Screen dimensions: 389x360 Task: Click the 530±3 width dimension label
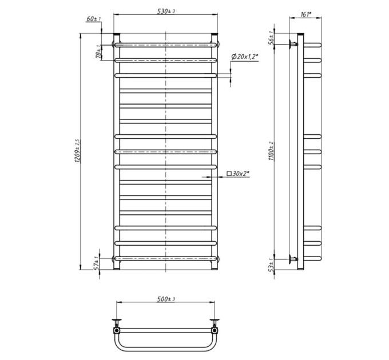(166, 11)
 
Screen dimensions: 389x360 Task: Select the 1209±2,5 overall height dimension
(77, 151)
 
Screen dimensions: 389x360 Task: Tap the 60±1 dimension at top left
(94, 19)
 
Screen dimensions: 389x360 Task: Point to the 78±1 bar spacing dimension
(99, 52)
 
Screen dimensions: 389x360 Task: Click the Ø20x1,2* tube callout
(245, 57)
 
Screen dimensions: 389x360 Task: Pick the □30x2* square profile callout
(238, 174)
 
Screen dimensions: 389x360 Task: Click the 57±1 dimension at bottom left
(97, 263)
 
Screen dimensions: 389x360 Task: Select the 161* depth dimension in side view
(305, 14)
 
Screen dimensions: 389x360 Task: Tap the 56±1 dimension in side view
(272, 38)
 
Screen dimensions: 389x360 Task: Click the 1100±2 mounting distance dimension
(271, 151)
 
